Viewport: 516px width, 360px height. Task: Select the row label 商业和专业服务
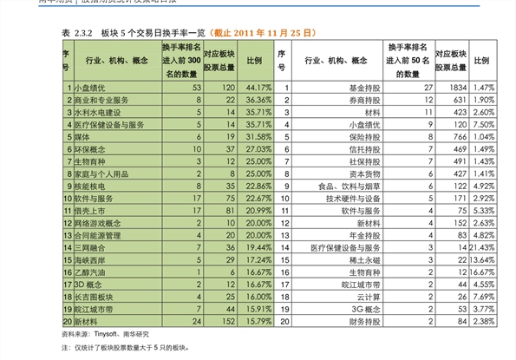tap(101, 101)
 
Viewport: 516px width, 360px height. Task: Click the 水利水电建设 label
tap(97, 113)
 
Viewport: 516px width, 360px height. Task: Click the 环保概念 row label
tap(88, 149)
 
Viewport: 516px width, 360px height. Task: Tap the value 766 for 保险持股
tap(456, 137)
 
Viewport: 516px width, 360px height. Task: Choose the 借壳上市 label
tap(88, 210)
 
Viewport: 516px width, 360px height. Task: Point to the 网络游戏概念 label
tap(97, 223)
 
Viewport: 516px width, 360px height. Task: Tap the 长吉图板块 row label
tap(93, 296)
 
